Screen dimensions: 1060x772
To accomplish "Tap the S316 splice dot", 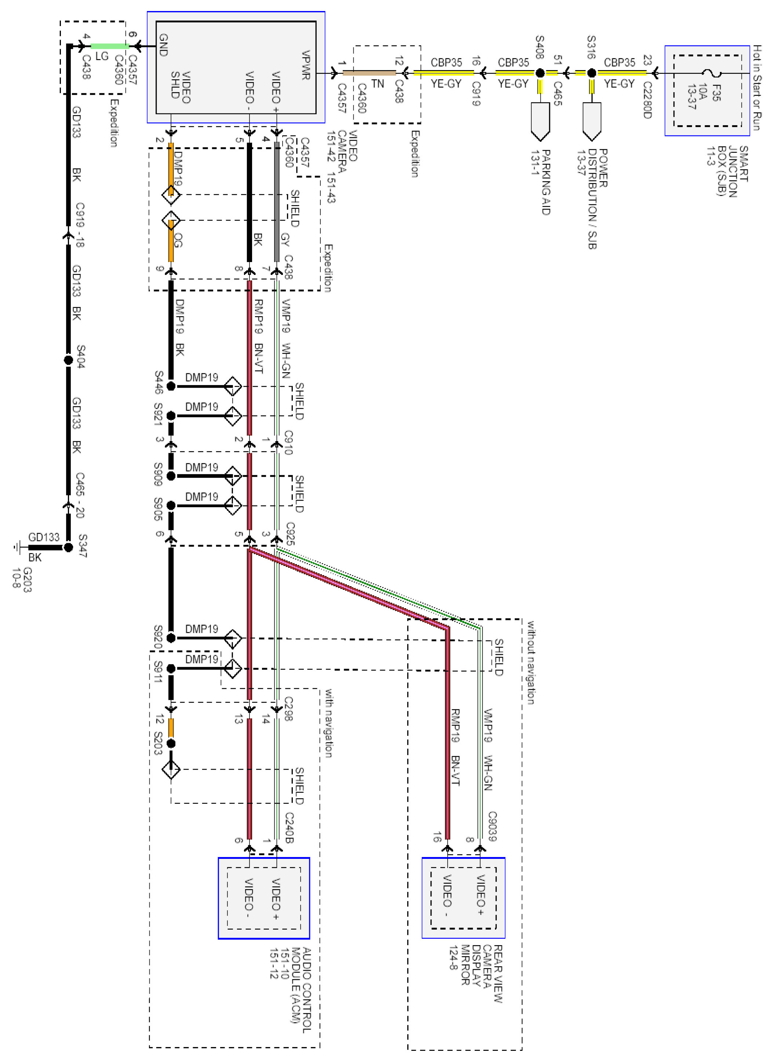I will point(591,73).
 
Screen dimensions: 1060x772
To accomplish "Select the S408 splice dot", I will point(540,73).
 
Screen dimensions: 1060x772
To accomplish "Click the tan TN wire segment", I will point(369,73).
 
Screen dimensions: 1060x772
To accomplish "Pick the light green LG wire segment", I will point(109,46).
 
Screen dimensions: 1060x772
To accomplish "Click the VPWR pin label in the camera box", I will point(306,65).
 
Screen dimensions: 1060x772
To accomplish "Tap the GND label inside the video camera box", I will point(164,45).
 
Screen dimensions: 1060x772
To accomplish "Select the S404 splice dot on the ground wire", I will point(68,360).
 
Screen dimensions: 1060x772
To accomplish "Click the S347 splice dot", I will point(68,547).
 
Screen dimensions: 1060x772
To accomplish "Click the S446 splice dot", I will point(171,386).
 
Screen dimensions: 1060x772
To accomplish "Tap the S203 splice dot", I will point(171,744).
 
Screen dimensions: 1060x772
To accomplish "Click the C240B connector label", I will point(289,828).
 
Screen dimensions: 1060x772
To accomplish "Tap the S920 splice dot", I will point(171,638).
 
